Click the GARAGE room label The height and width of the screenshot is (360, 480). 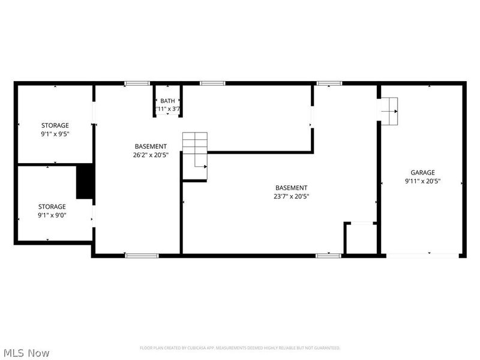click(x=422, y=172)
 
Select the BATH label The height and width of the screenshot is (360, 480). click(x=167, y=101)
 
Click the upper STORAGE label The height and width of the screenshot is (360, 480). click(x=55, y=125)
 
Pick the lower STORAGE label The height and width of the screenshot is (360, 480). click(x=52, y=206)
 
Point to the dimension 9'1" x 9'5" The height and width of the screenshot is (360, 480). click(x=55, y=134)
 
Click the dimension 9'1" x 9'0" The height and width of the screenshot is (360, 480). click(x=52, y=215)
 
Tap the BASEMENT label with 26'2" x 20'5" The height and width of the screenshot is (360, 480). click(x=151, y=146)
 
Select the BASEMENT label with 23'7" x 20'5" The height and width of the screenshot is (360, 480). click(x=291, y=188)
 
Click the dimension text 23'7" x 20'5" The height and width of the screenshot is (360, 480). click(x=291, y=196)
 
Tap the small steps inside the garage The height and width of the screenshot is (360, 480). click(x=389, y=111)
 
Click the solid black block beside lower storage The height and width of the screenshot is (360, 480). click(x=85, y=182)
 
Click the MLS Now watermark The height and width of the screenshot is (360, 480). click(x=26, y=353)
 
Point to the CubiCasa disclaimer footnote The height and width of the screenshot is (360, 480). click(x=240, y=348)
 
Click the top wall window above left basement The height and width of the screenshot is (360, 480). click(x=137, y=83)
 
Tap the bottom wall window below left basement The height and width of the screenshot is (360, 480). click(x=142, y=256)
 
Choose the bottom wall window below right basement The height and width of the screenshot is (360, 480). click(x=328, y=256)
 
